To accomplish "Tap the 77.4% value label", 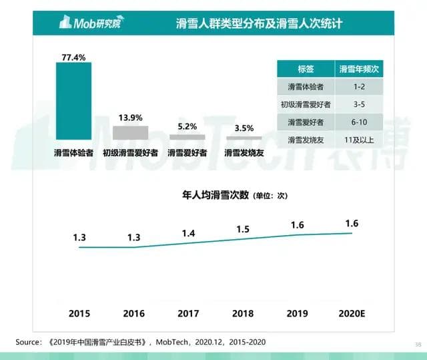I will [x=73, y=57].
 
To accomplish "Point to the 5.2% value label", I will [x=187, y=126].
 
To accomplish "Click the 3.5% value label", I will [x=244, y=128].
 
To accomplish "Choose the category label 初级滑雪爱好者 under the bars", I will [x=130, y=153].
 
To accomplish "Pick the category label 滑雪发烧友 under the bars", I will [x=244, y=153].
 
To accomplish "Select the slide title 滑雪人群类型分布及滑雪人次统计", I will [x=254, y=24].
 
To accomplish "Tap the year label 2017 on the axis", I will [x=189, y=313].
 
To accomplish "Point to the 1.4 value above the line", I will [x=189, y=233].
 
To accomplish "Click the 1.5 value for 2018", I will [x=244, y=229].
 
